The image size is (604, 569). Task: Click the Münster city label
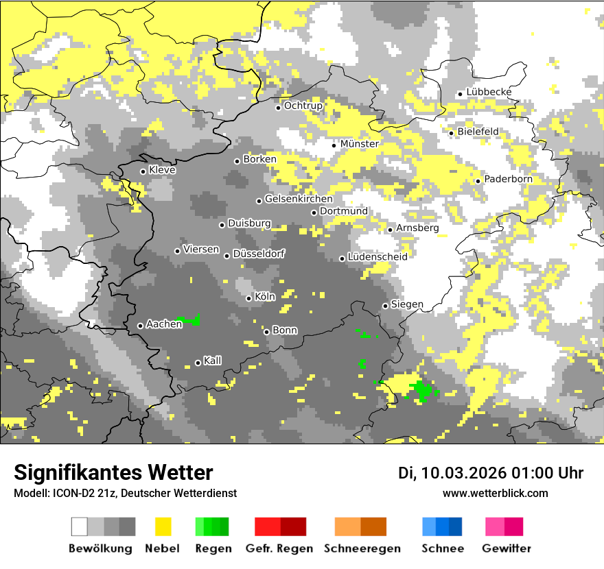[x=359, y=144]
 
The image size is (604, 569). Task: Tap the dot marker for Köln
[x=248, y=298]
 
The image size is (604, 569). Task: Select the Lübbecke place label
[x=489, y=92]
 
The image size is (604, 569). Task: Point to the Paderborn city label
[x=508, y=179]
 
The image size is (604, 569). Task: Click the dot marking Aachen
[x=140, y=326]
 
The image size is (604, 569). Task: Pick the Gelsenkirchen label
[x=299, y=199]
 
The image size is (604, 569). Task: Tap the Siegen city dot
[x=385, y=306]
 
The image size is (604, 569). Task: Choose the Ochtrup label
[x=303, y=106]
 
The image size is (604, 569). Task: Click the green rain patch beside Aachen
[x=190, y=320]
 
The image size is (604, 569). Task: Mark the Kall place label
[x=212, y=361]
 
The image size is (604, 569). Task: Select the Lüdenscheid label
[x=377, y=256]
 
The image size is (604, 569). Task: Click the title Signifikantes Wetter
[x=113, y=472]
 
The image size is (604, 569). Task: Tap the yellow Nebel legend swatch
[x=163, y=526]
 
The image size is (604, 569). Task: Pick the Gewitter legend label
[x=506, y=548]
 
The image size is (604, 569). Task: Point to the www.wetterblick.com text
[x=495, y=493]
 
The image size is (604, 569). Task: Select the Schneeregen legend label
[x=362, y=548]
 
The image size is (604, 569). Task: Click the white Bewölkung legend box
[x=80, y=526]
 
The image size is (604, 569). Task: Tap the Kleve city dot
[x=143, y=171]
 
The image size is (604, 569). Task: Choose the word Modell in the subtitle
[x=30, y=493]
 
